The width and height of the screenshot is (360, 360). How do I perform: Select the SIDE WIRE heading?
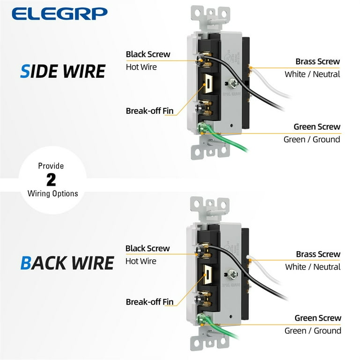pos(63,71)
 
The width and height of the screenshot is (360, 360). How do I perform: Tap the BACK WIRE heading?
pos(67,262)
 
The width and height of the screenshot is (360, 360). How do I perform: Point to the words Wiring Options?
pos(52,193)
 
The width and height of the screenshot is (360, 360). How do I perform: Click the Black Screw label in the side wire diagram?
pos(148,54)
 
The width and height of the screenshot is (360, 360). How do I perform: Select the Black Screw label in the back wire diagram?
pos(148,248)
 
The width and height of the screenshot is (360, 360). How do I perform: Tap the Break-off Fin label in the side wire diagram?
pos(150,111)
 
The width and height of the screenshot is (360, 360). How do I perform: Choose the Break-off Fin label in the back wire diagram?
pos(150,302)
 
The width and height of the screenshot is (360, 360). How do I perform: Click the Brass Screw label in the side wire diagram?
pos(318,61)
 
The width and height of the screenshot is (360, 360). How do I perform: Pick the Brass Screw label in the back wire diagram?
pos(318,254)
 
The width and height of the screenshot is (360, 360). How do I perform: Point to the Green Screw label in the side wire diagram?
pos(317,127)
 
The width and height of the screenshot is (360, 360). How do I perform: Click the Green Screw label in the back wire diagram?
pos(318,318)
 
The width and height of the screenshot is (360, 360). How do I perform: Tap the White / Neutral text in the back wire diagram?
pos(313,267)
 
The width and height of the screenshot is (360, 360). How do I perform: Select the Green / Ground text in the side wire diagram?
pos(312,139)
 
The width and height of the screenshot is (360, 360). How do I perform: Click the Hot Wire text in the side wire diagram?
pos(141,67)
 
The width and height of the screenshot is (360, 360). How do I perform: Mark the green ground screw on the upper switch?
pos(203,127)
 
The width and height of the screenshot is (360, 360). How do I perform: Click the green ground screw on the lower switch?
pos(203,318)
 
